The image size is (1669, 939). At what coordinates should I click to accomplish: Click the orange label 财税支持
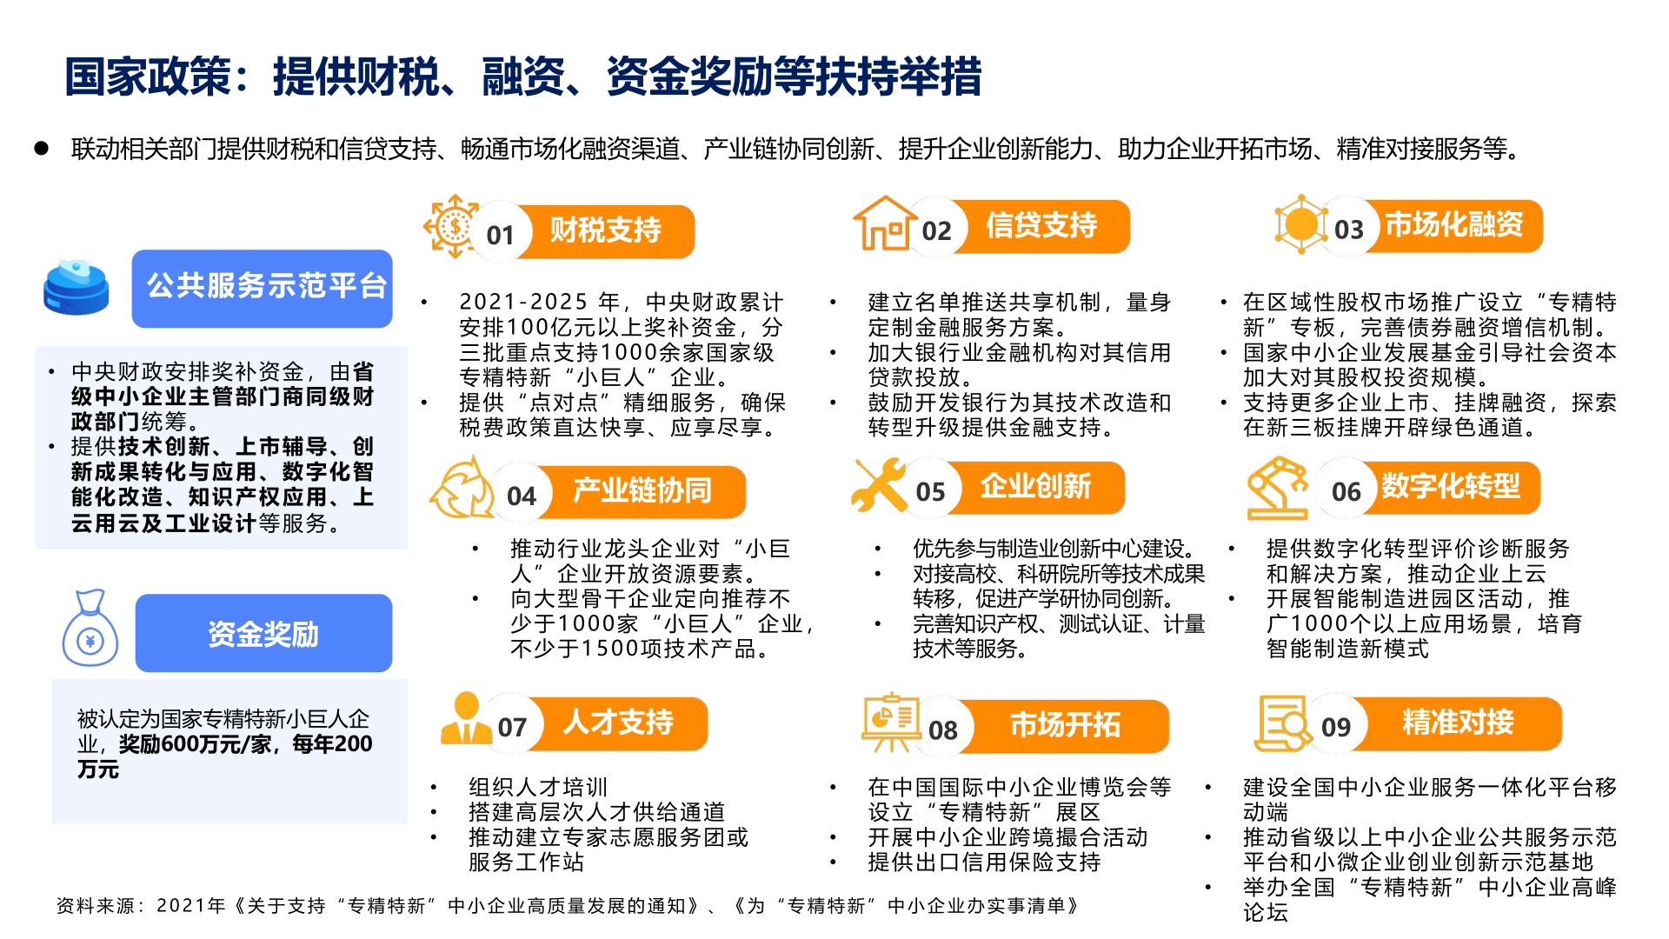pos(606,231)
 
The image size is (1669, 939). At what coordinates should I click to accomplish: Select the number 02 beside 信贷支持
pos(936,231)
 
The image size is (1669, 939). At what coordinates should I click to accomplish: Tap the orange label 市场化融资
pos(1454,226)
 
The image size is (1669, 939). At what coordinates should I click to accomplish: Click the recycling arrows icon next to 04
pos(462,489)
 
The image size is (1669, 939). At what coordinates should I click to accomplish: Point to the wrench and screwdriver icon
pos(879,485)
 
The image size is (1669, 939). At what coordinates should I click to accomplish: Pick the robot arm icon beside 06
pos(1278,488)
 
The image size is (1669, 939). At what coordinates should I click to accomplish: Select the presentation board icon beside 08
pos(890,722)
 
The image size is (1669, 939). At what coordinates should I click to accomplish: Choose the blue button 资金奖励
pos(263,633)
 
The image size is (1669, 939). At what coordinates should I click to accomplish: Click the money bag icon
pos(90,629)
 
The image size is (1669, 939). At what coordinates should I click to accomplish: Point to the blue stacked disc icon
pos(76,287)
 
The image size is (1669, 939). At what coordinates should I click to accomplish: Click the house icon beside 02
pos(885,223)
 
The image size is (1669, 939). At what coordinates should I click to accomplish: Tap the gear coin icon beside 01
pos(452,226)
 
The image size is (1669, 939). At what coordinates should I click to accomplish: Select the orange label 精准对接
pos(1458,723)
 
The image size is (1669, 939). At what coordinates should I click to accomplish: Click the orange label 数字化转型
pos(1451,487)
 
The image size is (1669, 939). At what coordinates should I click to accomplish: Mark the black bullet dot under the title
pos(41,149)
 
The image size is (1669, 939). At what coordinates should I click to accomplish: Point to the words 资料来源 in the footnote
pos(96,906)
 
